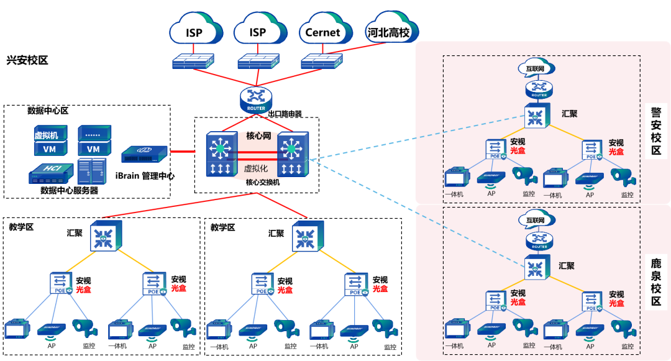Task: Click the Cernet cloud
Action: (x=323, y=31)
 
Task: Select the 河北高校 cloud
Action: (x=389, y=31)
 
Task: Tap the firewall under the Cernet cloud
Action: (x=321, y=61)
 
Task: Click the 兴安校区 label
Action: (x=27, y=60)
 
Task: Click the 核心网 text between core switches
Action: (x=258, y=136)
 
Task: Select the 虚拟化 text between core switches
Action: (x=256, y=168)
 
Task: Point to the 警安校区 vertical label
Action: (x=656, y=131)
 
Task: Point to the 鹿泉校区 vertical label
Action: (x=656, y=283)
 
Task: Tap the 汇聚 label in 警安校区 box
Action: (x=568, y=114)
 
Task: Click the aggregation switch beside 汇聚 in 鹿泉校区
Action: (x=535, y=268)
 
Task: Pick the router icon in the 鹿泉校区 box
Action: (x=538, y=240)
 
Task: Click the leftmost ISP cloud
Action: (x=194, y=31)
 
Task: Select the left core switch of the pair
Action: (x=221, y=154)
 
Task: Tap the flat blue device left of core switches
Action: (x=144, y=154)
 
